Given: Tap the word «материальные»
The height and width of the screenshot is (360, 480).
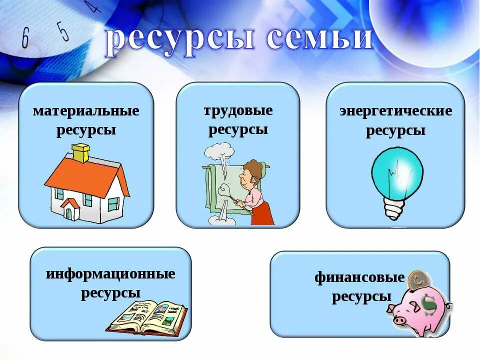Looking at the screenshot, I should tap(86, 110).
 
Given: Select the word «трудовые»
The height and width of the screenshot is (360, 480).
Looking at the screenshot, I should tap(238, 110).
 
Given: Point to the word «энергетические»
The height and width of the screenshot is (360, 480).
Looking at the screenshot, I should tap(395, 111).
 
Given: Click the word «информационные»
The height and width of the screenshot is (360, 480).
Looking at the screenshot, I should tap(110, 274).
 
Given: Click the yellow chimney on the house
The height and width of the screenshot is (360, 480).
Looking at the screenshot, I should tap(80, 152).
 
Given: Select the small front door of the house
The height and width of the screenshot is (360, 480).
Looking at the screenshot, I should tap(69, 212).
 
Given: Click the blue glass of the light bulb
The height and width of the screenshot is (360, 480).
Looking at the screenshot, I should tap(397, 172).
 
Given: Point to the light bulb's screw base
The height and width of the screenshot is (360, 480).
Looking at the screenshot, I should tap(393, 207).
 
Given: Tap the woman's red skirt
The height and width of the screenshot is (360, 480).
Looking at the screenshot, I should tap(263, 212).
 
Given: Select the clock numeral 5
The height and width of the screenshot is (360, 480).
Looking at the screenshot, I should tap(62, 31).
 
